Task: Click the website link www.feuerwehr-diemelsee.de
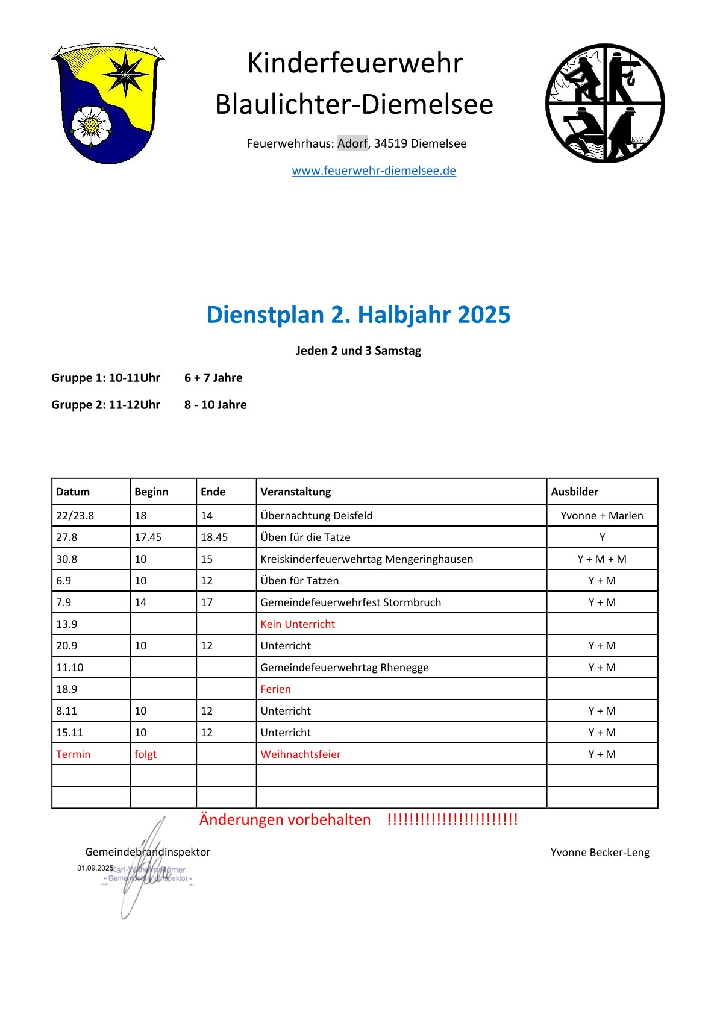coord(374,171)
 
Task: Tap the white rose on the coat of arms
coord(91,125)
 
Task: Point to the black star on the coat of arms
coord(125,74)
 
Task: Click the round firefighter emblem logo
coord(605,102)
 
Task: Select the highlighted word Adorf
coord(352,143)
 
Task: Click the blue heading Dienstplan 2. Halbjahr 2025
coord(358,315)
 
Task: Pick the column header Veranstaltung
coord(296,492)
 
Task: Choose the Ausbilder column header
coord(575,492)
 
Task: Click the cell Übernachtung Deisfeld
coord(316,516)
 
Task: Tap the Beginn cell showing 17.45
coord(148,537)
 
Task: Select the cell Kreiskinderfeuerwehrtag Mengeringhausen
coord(366,559)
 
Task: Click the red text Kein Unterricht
coord(298,624)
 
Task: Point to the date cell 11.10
coord(70,668)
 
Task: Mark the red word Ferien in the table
coord(275,689)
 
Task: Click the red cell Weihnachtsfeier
coord(301,754)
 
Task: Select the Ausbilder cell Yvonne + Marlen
coord(602,516)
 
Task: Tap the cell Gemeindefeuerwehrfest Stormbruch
coord(351,602)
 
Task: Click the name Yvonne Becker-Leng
coord(600,853)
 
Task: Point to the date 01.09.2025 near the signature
coord(95,868)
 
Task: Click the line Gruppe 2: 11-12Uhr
coord(106,405)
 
